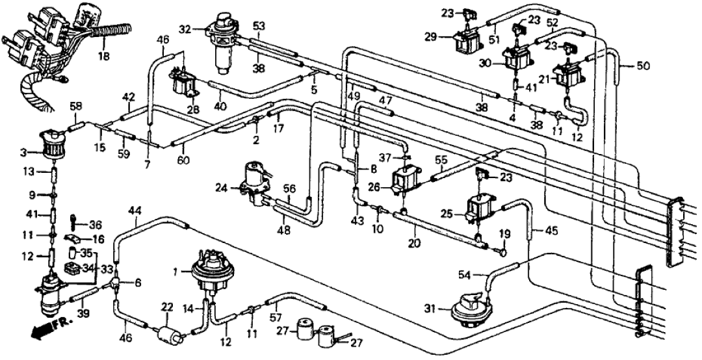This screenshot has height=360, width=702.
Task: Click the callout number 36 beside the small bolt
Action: (x=96, y=225)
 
